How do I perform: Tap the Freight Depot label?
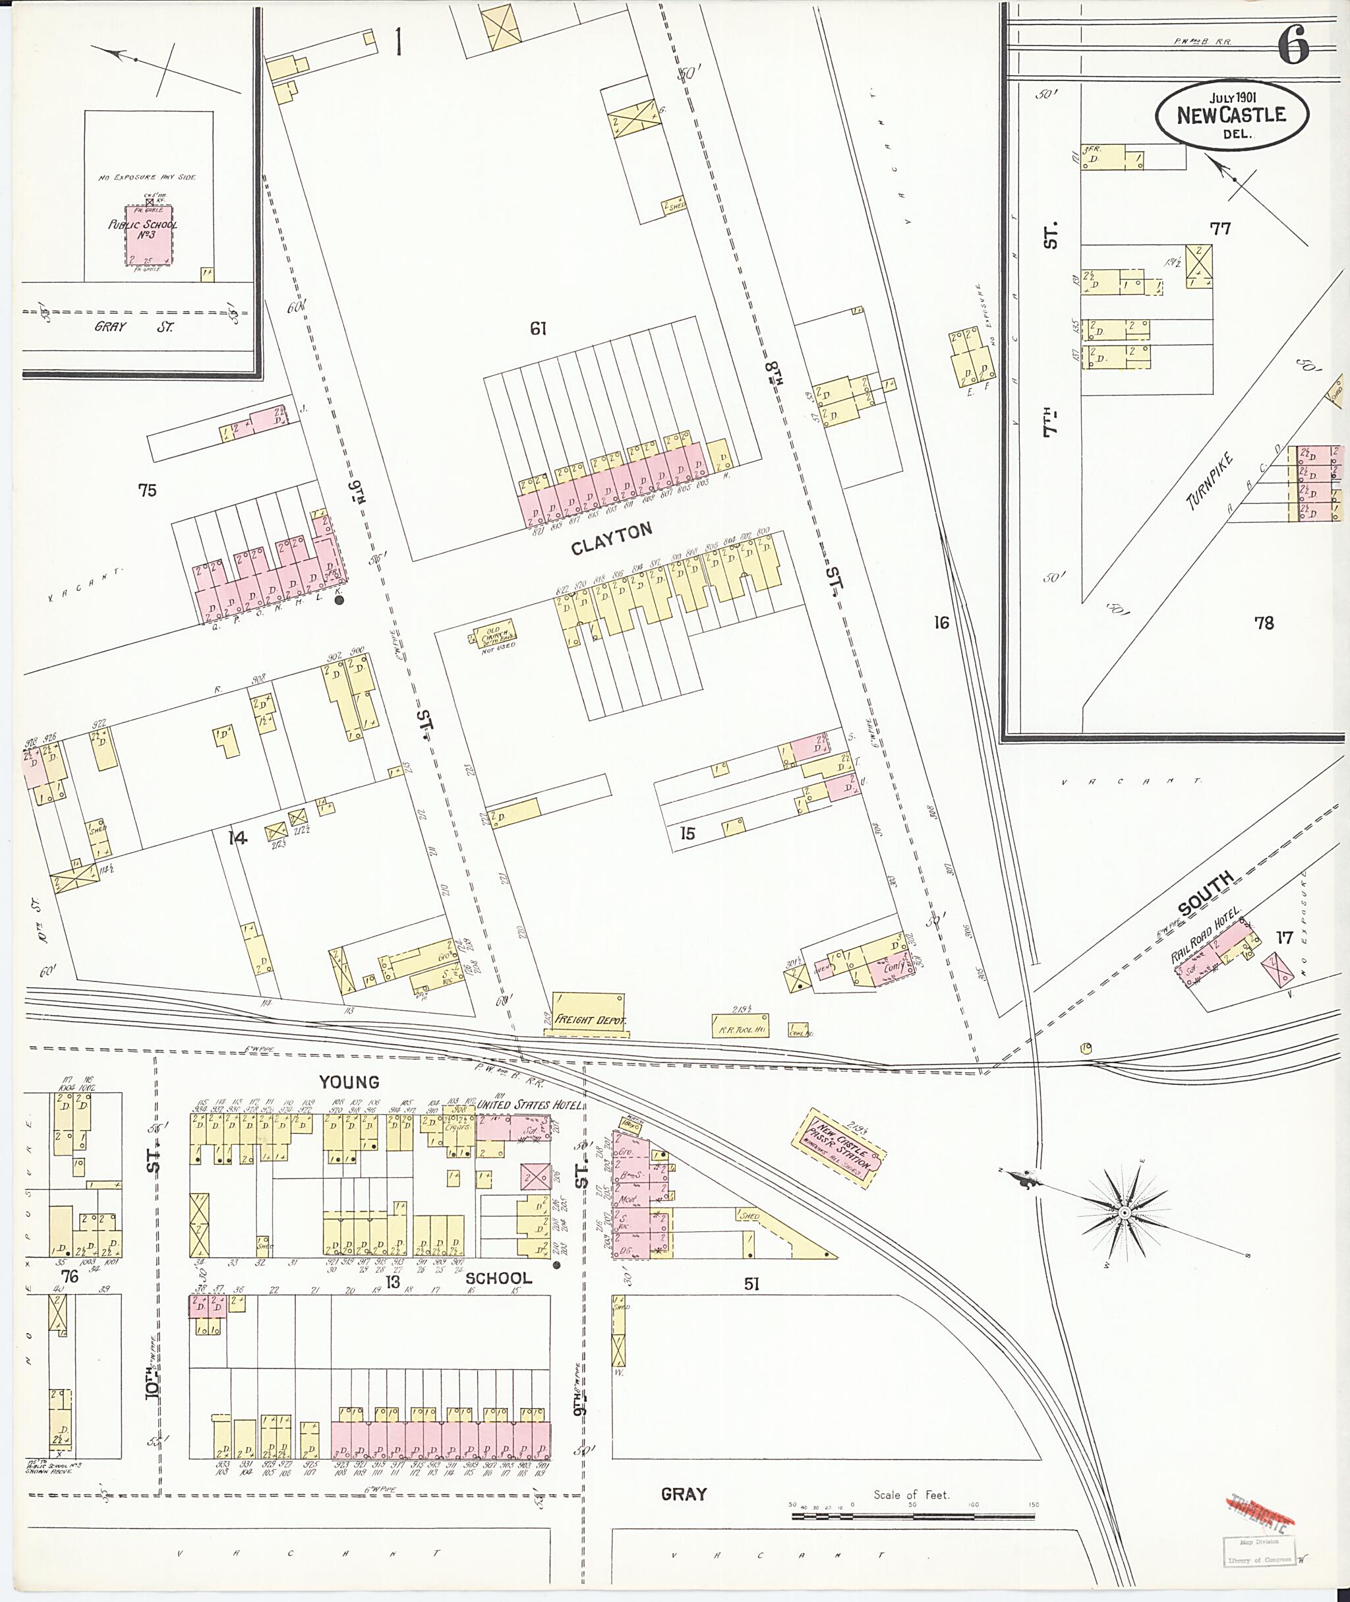click(x=589, y=1022)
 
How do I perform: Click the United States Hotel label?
click(x=529, y=1105)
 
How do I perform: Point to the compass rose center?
click(x=1125, y=1213)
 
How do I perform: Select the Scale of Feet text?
click(x=911, y=1494)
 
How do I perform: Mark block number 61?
click(x=538, y=328)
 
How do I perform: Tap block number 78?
click(x=1264, y=623)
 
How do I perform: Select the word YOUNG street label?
click(x=349, y=1081)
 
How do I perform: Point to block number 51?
click(x=751, y=1283)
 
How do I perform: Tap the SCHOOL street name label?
click(x=498, y=1278)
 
